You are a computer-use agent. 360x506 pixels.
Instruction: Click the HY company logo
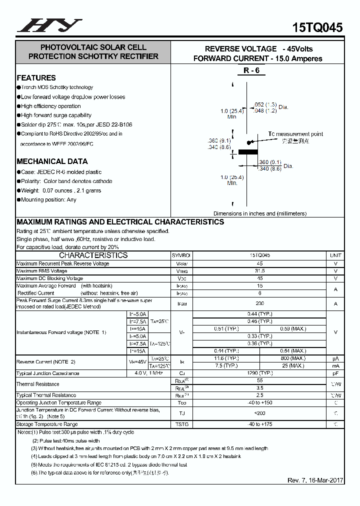[x=49, y=25]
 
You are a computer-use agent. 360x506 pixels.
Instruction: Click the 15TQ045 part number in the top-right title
[x=317, y=27]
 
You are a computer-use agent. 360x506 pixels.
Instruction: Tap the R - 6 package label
[x=251, y=70]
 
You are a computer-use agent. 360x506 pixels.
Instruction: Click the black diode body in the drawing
[x=247, y=151]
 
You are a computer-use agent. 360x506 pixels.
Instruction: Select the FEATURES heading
[x=36, y=78]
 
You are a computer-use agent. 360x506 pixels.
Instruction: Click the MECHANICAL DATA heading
[x=52, y=161]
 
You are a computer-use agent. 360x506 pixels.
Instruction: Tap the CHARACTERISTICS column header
[x=93, y=255]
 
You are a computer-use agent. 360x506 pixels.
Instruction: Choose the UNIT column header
[x=335, y=255]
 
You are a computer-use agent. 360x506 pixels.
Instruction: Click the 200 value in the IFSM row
[x=259, y=303]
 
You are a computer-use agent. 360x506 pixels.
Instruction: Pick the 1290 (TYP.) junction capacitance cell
[x=259, y=373]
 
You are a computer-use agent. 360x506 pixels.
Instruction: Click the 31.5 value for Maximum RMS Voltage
[x=259, y=271]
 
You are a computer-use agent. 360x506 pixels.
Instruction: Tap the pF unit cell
[x=335, y=373]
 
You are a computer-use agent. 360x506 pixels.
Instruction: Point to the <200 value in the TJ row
[x=259, y=413]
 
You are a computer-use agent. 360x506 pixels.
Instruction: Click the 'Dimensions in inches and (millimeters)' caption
[x=260, y=213]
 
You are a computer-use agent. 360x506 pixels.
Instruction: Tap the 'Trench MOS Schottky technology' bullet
[x=57, y=87]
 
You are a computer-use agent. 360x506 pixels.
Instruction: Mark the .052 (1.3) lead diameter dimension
[x=265, y=104]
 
